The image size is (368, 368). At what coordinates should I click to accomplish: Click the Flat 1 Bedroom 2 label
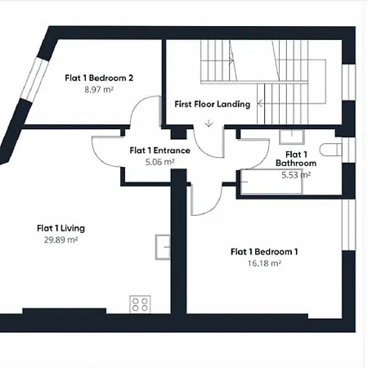click(x=99, y=78)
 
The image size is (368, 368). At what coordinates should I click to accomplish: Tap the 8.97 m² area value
click(x=99, y=89)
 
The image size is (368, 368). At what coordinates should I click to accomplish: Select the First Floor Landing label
click(x=213, y=104)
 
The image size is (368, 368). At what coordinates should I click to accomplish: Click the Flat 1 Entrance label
click(x=160, y=150)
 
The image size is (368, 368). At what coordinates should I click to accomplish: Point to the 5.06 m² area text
click(x=159, y=162)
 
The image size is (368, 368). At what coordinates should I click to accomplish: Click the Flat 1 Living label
click(x=61, y=228)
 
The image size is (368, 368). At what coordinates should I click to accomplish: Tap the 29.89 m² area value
click(x=61, y=240)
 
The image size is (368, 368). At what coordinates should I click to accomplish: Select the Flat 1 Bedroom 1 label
click(x=264, y=252)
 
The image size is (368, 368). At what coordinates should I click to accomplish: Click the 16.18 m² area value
click(x=264, y=263)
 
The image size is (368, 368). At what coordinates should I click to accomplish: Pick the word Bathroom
click(x=296, y=163)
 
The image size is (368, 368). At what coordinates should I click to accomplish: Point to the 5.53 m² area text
click(x=296, y=175)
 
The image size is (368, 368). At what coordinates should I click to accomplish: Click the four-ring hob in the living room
click(x=140, y=304)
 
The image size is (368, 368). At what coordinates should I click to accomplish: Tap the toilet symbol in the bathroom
click(x=330, y=150)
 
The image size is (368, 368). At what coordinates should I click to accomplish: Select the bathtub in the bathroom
click(x=272, y=182)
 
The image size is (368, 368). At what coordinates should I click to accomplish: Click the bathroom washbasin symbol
click(x=292, y=137)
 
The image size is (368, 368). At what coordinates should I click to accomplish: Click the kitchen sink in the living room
click(x=163, y=247)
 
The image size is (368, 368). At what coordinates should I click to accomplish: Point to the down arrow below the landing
click(x=209, y=123)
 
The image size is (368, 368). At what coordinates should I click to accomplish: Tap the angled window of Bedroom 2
click(x=34, y=79)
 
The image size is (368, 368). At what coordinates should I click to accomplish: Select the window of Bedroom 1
click(x=348, y=225)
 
